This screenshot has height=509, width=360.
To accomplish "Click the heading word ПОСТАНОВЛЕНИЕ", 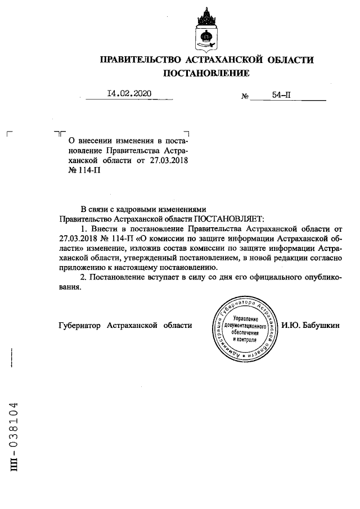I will pyautogui.click(x=206, y=73).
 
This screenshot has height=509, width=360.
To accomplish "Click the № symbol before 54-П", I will pyautogui.click(x=245, y=97).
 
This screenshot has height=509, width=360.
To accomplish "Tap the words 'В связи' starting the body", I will pyautogui.click(x=95, y=208).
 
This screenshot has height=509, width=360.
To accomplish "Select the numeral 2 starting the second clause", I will pyautogui.click(x=83, y=279).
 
